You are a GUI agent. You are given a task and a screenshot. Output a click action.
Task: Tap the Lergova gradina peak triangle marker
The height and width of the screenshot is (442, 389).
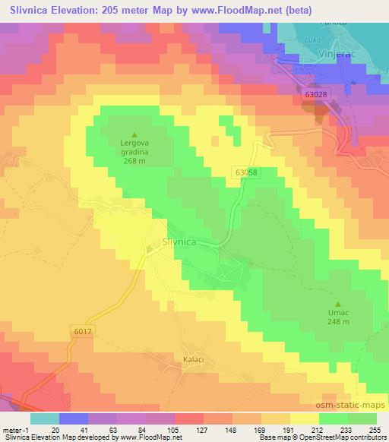[x=134, y=135]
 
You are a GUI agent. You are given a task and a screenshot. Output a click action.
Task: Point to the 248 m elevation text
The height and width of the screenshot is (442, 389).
[x=340, y=322]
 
